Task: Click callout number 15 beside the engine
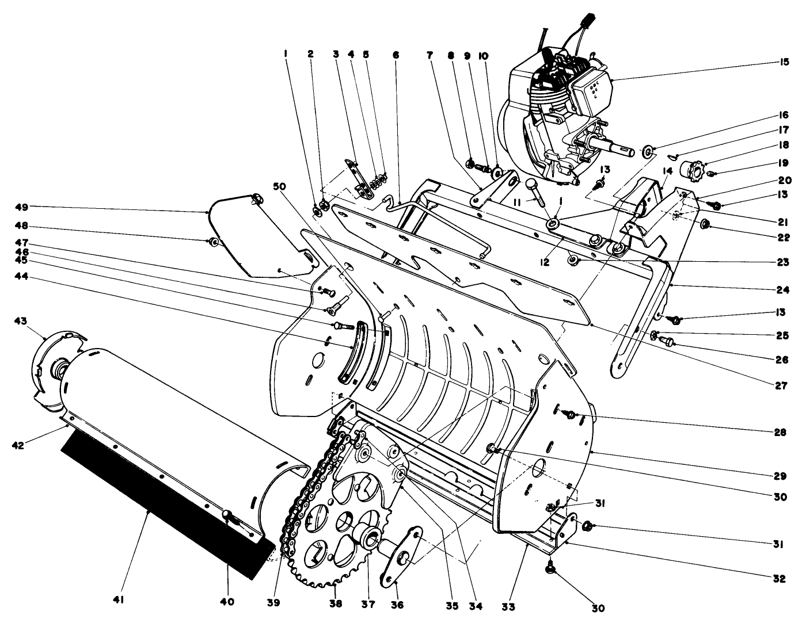[781, 62]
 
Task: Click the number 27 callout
[781, 386]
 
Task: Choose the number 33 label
[508, 606]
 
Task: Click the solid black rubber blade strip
[161, 506]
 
